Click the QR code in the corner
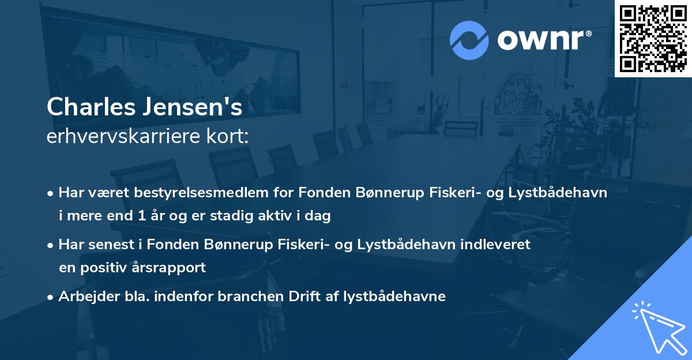point(653,38)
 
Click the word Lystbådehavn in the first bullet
point(559,193)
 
